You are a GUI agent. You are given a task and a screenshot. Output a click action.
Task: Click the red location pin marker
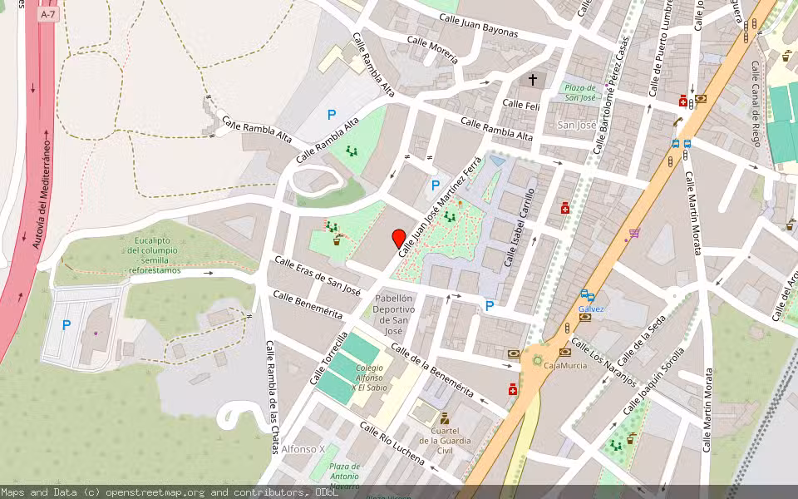[399, 238]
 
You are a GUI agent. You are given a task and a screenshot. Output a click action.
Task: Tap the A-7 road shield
[47, 15]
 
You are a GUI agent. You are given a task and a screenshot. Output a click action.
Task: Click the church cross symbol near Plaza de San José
[533, 81]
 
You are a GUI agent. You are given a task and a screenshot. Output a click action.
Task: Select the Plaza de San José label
[579, 92]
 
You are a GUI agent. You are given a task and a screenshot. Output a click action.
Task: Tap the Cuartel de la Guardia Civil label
[446, 441]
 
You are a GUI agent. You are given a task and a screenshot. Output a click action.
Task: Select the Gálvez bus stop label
[590, 309]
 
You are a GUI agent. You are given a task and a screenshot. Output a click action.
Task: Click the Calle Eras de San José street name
[317, 276]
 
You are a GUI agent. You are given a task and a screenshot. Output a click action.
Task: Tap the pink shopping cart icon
[635, 234]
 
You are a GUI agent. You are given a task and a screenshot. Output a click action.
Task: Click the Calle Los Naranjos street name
[603, 363]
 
